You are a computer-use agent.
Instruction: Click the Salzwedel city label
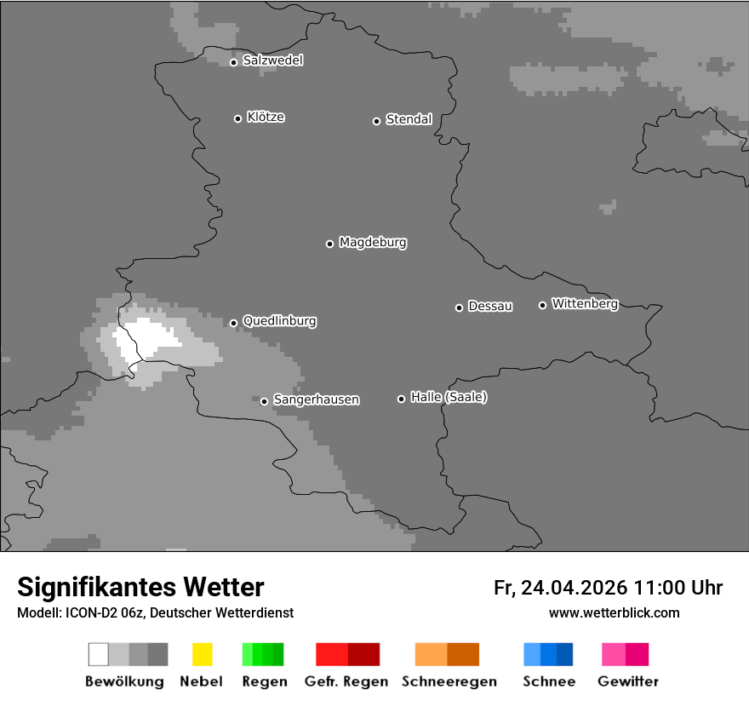[272, 60]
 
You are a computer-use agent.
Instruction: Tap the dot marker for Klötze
[237, 118]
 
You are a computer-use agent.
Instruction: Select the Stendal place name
[409, 119]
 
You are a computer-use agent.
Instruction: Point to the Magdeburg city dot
[329, 244]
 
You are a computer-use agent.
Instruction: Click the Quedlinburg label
[279, 321]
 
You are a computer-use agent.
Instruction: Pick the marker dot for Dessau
[459, 308]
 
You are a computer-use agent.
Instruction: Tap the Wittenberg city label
[585, 303]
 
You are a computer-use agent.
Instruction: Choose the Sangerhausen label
[316, 399]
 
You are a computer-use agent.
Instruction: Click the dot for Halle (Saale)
[401, 399]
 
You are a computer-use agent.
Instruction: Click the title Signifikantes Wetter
[140, 587]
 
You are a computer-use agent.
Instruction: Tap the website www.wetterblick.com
[614, 612]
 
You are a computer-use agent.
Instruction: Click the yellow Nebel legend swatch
[202, 654]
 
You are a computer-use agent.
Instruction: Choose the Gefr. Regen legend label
[346, 681]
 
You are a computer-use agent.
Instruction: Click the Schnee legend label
[548, 681]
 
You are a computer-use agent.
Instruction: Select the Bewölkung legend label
[124, 681]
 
